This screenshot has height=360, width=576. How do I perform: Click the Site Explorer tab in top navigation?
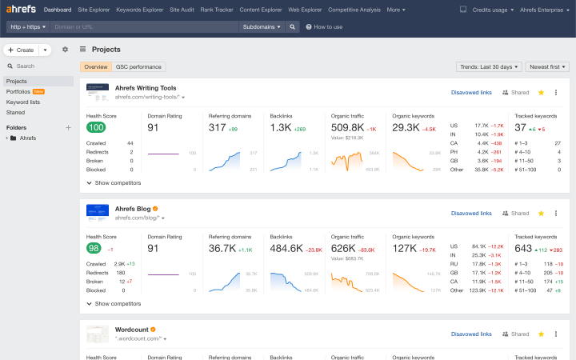tap(93, 10)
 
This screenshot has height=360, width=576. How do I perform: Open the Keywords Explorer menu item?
tap(139, 10)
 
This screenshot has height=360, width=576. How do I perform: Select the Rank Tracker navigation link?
tap(218, 10)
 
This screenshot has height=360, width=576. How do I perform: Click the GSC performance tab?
tap(139, 67)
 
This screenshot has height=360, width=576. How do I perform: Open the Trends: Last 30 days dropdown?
tap(489, 67)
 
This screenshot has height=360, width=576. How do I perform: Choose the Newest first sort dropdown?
tap(548, 67)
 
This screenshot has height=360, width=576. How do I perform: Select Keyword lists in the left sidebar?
tap(23, 102)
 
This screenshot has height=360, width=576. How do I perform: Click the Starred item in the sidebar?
tap(16, 113)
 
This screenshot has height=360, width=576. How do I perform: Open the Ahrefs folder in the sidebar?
tap(27, 138)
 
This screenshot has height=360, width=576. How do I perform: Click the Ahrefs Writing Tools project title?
tap(146, 88)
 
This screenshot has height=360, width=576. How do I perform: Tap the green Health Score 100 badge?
tap(96, 127)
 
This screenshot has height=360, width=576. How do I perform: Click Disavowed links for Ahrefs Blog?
tap(471, 214)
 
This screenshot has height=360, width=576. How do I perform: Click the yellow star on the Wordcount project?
tap(541, 334)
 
